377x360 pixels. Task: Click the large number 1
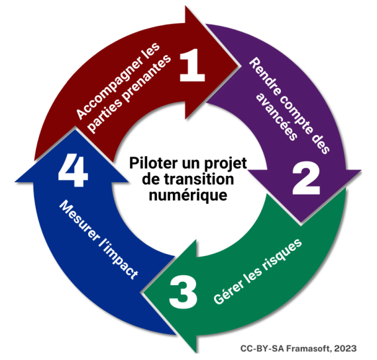pyautogui.click(x=192, y=65)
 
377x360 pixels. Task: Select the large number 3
pyautogui.click(x=184, y=292)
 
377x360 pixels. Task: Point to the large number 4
pyautogui.click(x=73, y=170)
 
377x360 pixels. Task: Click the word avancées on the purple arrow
pyautogui.click(x=276, y=116)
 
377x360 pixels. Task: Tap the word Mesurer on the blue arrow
pyautogui.click(x=79, y=220)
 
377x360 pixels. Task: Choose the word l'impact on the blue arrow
pyautogui.click(x=119, y=260)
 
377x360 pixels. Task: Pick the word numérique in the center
pyautogui.click(x=188, y=195)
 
